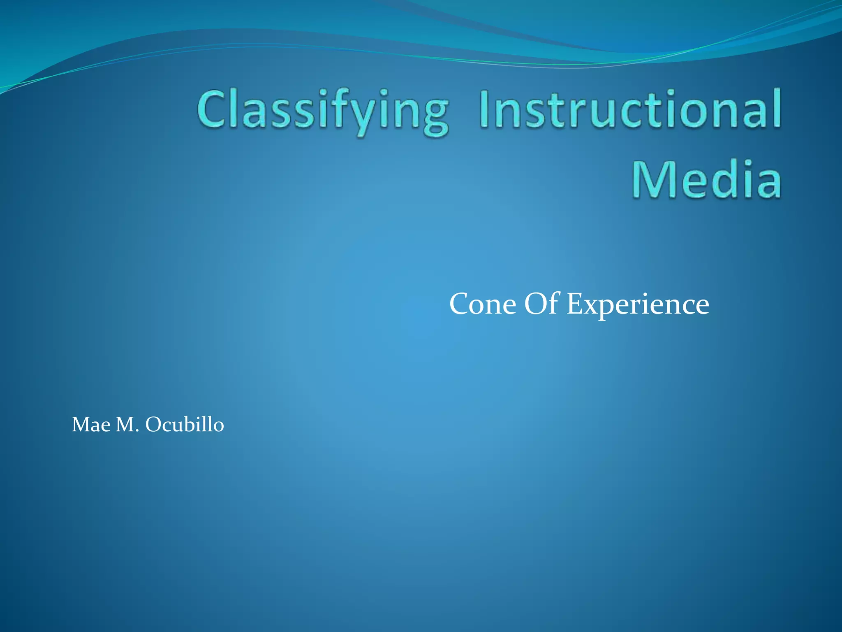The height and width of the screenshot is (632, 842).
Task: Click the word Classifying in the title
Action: pos(323,110)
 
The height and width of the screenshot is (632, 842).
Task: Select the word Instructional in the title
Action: pos(630,109)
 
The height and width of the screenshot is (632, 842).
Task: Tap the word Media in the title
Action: pos(706,179)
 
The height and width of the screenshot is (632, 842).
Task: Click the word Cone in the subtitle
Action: pos(482,304)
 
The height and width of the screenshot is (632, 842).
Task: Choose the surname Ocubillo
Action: pos(185,424)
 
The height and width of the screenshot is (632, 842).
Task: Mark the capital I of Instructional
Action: pos(485,109)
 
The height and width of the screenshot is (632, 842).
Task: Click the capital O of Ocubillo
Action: pos(155,425)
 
